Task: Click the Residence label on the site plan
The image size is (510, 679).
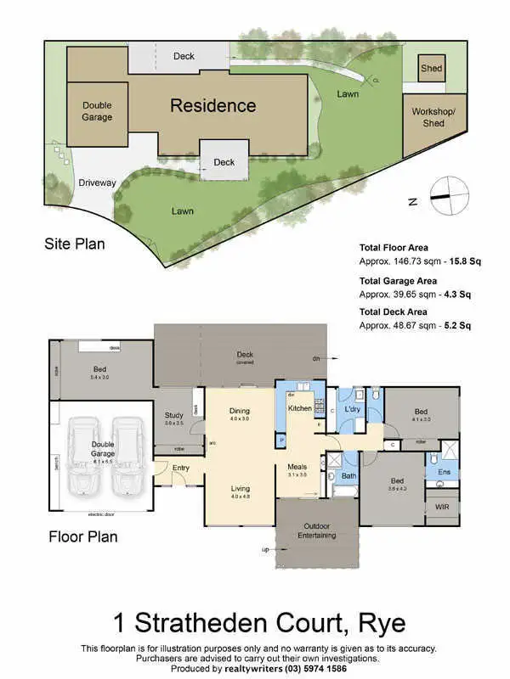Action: click(x=212, y=105)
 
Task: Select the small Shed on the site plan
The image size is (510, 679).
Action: click(x=432, y=69)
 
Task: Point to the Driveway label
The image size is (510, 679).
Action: click(x=97, y=182)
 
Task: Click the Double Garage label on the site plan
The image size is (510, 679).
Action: click(x=97, y=111)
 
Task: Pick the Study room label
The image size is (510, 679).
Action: click(x=173, y=416)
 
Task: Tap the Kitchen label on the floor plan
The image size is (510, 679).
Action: click(x=300, y=408)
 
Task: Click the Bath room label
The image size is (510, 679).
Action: click(x=348, y=476)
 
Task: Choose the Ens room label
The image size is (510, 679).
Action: click(x=443, y=471)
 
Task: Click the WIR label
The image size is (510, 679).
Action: click(x=442, y=507)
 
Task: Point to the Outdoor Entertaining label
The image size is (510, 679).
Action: click(x=316, y=530)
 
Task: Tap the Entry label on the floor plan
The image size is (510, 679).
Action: click(x=181, y=468)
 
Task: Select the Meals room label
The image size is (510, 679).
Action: click(x=296, y=466)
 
